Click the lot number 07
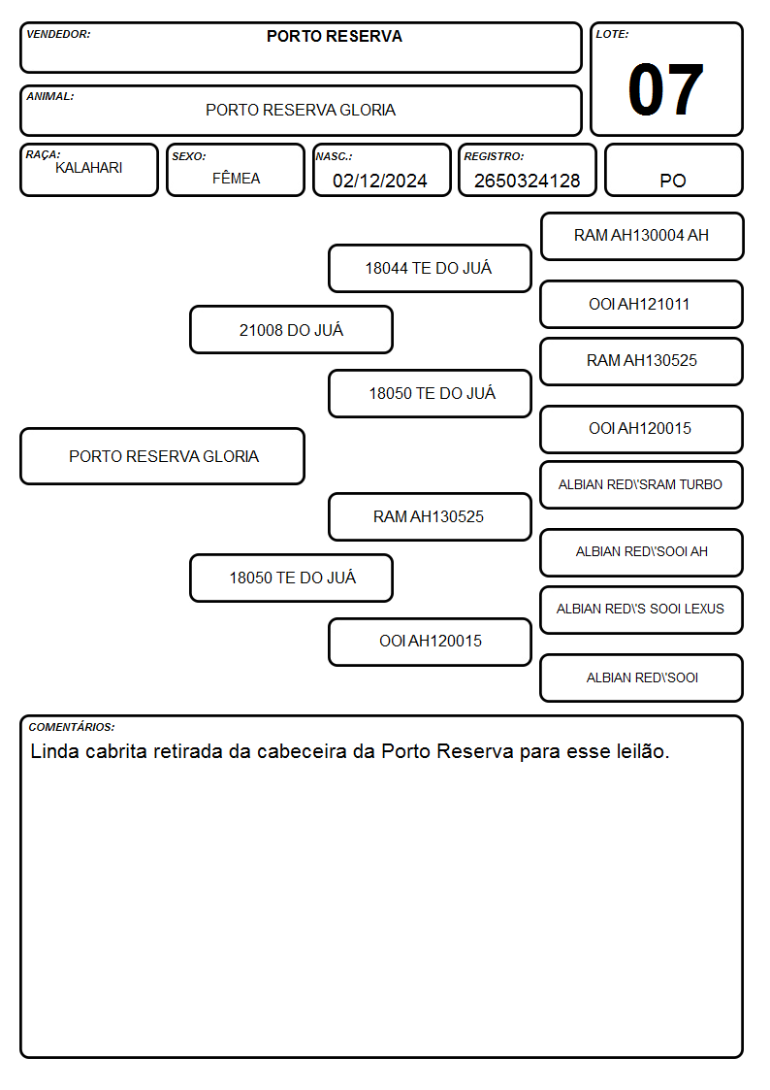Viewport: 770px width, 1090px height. tap(665, 89)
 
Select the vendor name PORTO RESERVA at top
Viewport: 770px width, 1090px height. tap(334, 36)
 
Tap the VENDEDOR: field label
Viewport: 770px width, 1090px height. tap(58, 34)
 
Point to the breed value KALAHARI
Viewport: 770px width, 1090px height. tap(89, 168)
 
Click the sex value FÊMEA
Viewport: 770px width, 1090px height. tap(236, 178)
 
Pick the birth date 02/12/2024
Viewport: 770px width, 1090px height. tap(380, 181)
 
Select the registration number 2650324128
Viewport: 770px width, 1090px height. tap(527, 181)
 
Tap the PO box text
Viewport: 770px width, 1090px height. tap(673, 181)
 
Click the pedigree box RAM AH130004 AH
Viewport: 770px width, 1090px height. tap(642, 237)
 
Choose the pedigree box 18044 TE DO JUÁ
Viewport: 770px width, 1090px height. tap(430, 268)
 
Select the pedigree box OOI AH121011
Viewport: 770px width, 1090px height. tap(642, 304)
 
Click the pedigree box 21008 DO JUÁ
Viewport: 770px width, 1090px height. tap(292, 329)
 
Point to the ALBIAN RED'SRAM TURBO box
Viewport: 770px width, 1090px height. tap(642, 484)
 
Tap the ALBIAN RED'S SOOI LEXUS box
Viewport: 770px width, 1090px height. tap(642, 610)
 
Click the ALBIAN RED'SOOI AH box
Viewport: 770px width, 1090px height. tap(642, 552)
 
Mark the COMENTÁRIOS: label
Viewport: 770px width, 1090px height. tap(72, 727)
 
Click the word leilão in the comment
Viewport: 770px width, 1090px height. tap(643, 751)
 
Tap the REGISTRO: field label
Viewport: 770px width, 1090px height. tap(494, 157)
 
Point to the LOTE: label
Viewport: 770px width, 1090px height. tap(612, 34)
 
